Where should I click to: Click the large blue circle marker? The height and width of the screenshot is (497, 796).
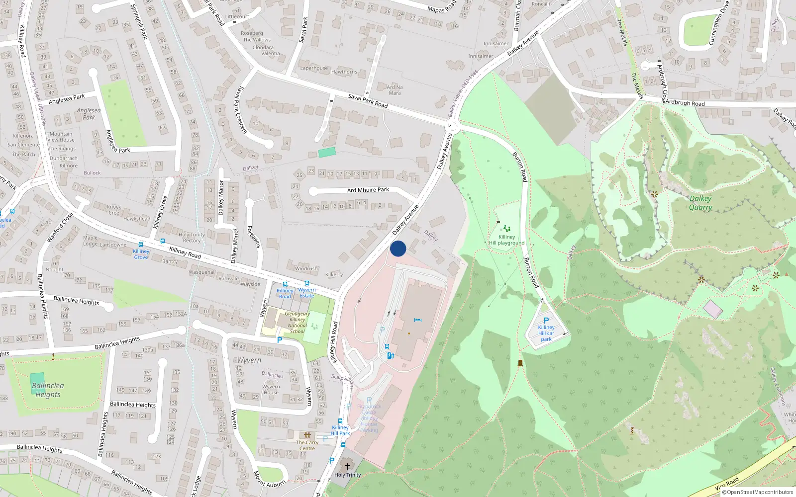[398, 248]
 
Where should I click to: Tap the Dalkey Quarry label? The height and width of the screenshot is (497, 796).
[700, 203]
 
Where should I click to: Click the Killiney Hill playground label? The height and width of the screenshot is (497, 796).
[506, 240]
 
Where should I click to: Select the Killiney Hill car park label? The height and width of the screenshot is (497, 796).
[546, 333]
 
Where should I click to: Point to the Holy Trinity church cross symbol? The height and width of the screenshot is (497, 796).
[348, 466]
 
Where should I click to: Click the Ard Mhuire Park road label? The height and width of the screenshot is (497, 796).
[368, 190]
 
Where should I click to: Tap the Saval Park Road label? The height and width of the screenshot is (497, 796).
[368, 100]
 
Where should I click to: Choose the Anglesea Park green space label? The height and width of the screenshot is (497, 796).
[89, 114]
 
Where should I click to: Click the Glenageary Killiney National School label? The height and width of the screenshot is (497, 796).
[297, 323]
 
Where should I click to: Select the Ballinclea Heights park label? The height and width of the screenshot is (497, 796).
[48, 390]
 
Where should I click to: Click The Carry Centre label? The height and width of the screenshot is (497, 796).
[307, 445]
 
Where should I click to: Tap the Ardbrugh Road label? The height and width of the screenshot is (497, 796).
[685, 103]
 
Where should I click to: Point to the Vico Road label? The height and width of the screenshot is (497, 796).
[726, 483]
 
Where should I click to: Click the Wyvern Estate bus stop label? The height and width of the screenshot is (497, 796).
[307, 293]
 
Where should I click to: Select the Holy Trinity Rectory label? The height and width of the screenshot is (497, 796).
[192, 238]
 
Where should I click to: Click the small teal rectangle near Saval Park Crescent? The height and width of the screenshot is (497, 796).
[327, 152]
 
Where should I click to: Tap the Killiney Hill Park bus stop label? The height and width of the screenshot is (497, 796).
[341, 430]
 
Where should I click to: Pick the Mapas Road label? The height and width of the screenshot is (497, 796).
[441, 7]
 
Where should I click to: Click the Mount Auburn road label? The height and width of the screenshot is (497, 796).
[269, 479]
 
